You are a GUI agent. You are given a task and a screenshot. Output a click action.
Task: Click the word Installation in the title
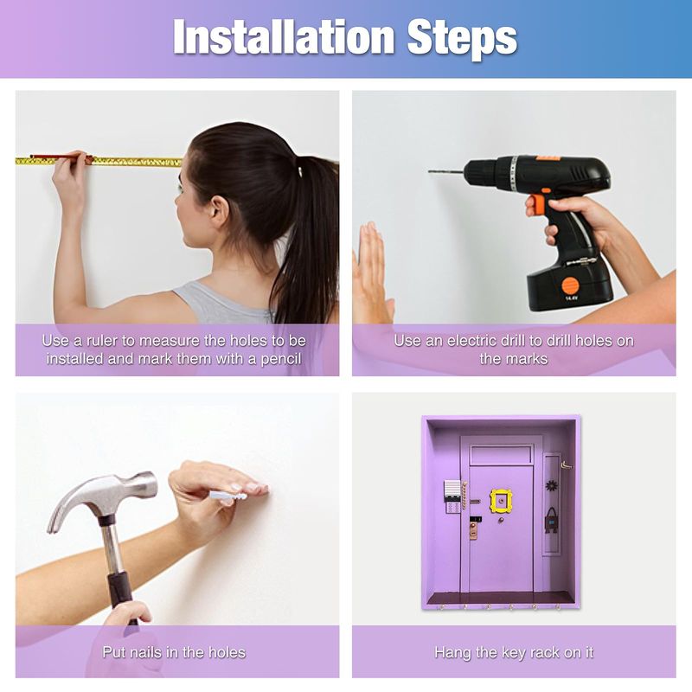click(x=284, y=37)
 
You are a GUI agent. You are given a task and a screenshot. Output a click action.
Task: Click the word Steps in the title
click(x=462, y=39)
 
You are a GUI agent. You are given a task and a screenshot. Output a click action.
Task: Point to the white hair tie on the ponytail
click(x=300, y=170)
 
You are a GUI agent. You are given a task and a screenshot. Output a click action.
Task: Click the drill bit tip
click(x=430, y=171)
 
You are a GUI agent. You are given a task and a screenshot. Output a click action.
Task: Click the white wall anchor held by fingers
click(x=227, y=495)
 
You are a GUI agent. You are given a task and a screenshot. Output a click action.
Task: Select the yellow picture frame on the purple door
click(x=501, y=500)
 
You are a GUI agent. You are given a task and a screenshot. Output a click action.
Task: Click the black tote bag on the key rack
click(x=551, y=520)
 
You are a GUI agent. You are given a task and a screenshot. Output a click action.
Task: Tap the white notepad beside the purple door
click(x=452, y=490)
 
